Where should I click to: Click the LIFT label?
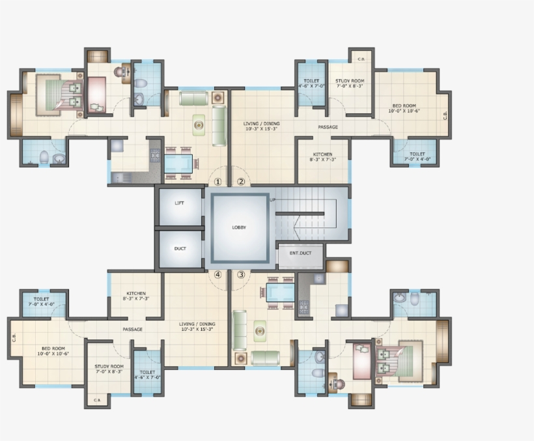pyautogui.click(x=179, y=203)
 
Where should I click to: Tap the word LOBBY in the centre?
pyautogui.click(x=239, y=227)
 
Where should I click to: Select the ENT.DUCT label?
pyautogui.click(x=300, y=251)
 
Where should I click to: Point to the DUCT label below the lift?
pyautogui.click(x=180, y=248)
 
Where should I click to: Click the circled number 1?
pyautogui.click(x=218, y=182)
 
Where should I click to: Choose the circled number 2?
pyautogui.click(x=241, y=182)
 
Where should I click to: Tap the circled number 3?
pyautogui.click(x=241, y=275)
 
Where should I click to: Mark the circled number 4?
pyautogui.click(x=218, y=275)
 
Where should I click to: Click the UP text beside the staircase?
pyautogui.click(x=273, y=199)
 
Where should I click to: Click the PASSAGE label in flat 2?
pyautogui.click(x=328, y=127)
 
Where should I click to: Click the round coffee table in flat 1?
pyautogui.click(x=197, y=124)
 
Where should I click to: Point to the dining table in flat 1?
pyautogui.click(x=179, y=163)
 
